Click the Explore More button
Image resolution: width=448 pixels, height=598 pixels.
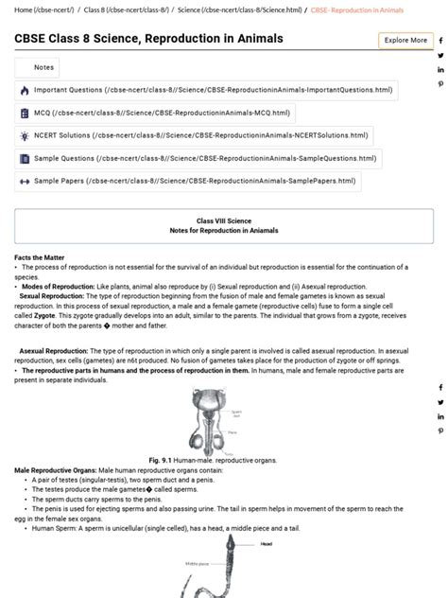tap(405, 41)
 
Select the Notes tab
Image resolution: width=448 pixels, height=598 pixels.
tap(38, 67)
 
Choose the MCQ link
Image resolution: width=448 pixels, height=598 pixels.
tap(155, 113)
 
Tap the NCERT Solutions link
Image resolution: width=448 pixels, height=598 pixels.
tap(194, 135)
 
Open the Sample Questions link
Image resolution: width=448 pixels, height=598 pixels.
tap(198, 158)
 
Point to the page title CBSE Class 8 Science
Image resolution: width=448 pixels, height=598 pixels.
tap(148, 40)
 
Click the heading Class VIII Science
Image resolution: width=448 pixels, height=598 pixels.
tap(224, 220)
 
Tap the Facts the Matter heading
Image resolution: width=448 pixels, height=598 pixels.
tap(40, 258)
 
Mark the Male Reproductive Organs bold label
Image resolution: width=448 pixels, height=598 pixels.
tap(56, 470)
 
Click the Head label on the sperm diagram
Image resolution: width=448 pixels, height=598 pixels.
tap(267, 544)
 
